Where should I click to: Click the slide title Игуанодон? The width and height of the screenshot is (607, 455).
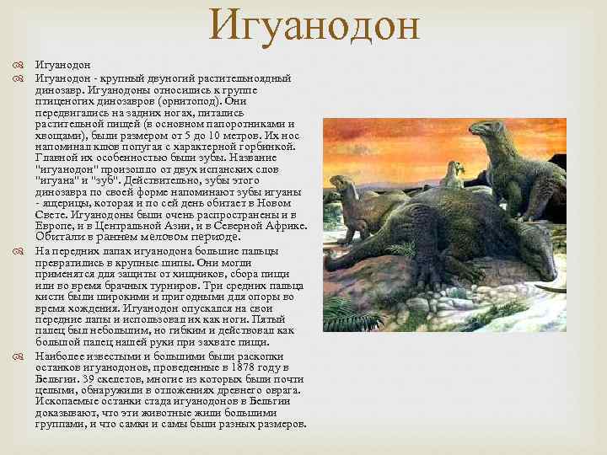click(314, 24)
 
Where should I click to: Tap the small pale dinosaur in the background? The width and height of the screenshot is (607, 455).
click(455, 174)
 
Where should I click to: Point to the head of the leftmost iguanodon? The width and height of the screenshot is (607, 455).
click(341, 183)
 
